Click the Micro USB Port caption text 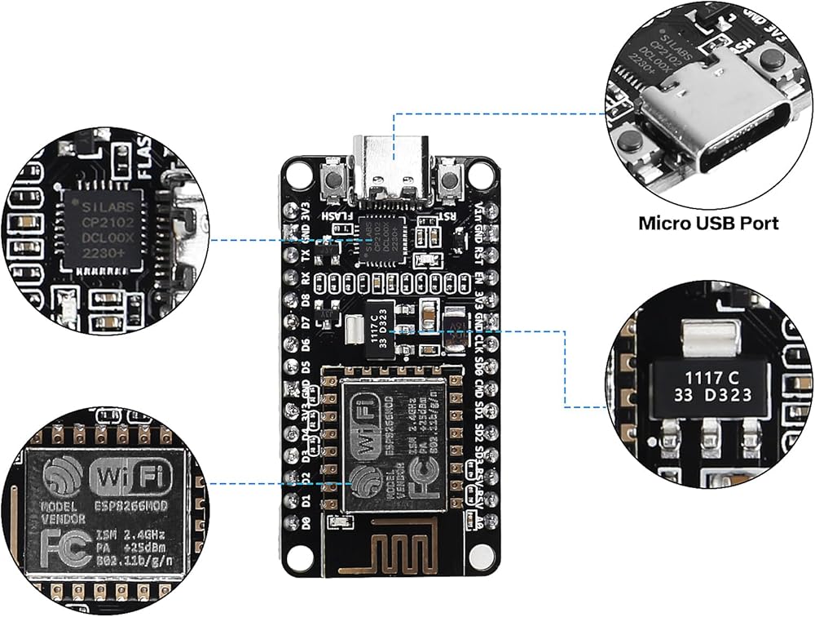(708, 222)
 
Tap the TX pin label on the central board (306, 255)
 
